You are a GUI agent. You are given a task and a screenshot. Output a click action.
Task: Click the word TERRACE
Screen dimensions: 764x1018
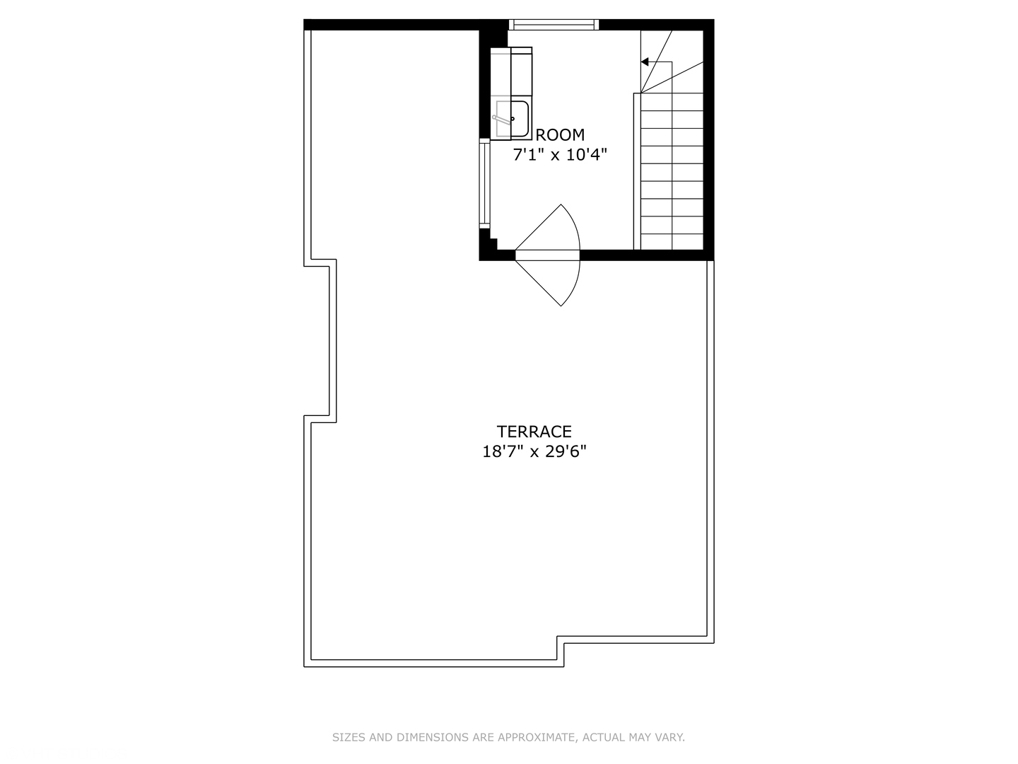click(x=534, y=432)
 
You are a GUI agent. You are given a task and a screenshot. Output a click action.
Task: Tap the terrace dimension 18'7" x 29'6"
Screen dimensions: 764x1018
click(x=534, y=451)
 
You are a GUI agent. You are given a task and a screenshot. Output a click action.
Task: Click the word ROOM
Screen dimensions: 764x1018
click(x=560, y=134)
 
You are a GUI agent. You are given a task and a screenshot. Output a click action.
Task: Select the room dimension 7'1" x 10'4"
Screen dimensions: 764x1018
click(x=560, y=154)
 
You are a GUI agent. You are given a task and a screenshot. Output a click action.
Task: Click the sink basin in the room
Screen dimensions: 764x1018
click(x=512, y=120)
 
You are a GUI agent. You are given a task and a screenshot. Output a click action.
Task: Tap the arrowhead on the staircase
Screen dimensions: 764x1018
click(x=645, y=62)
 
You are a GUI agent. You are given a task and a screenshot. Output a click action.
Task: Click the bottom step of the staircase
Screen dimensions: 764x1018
click(x=672, y=242)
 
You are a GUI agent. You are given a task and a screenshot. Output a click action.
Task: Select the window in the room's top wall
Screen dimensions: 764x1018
click(x=554, y=25)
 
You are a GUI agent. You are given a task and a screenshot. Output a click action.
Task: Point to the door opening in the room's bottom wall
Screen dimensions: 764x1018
click(x=547, y=255)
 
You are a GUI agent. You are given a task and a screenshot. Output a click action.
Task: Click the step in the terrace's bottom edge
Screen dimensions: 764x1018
click(x=561, y=649)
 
